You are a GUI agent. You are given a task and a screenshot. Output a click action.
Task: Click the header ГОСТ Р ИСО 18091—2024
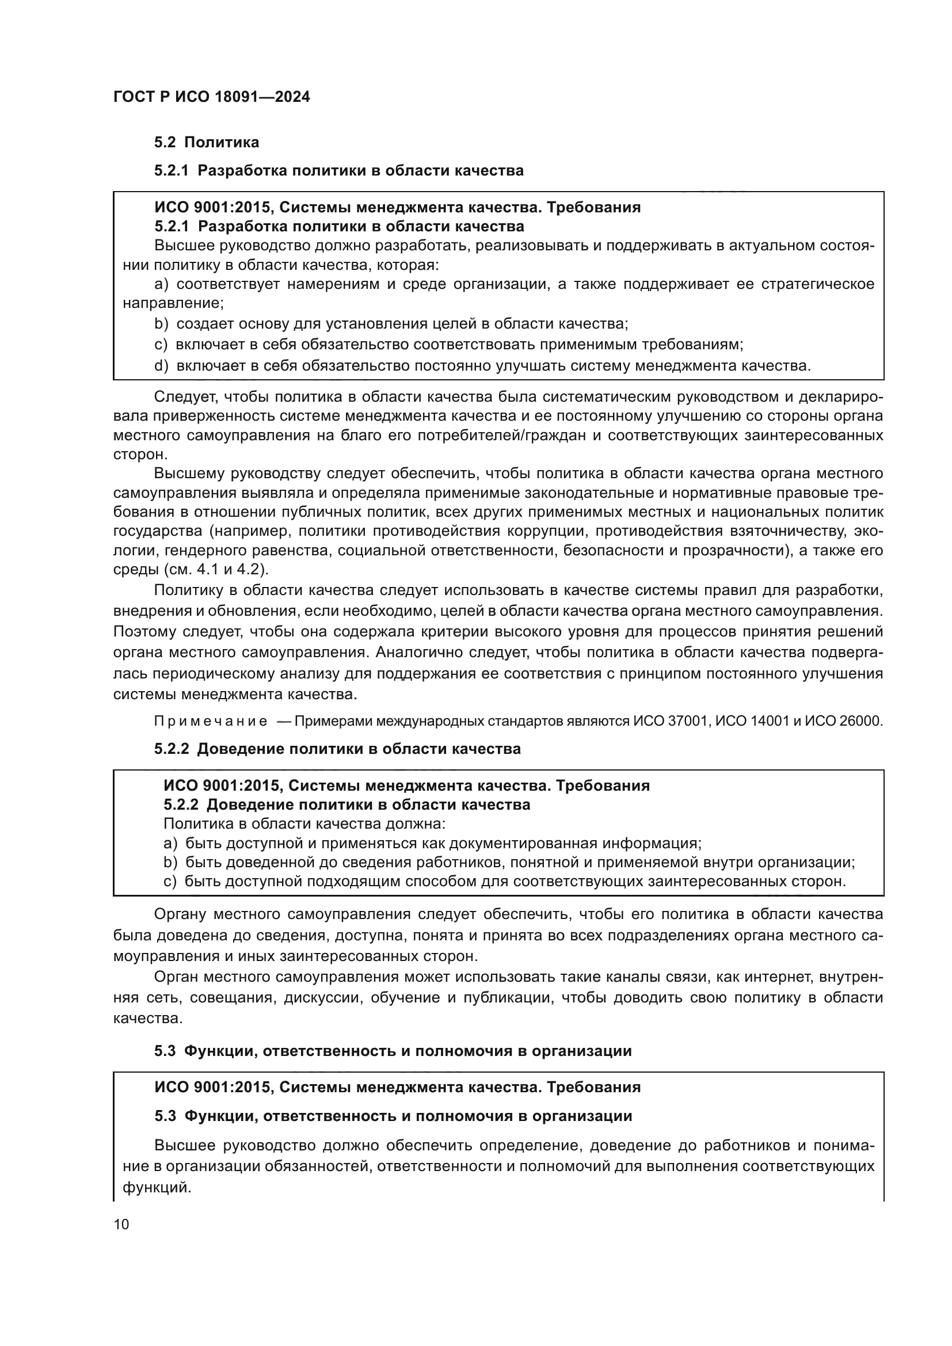pyautogui.click(x=212, y=97)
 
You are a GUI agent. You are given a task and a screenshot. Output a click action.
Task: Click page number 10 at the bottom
pyautogui.click(x=121, y=1224)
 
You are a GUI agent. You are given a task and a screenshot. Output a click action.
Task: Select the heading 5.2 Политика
pyautogui.click(x=207, y=142)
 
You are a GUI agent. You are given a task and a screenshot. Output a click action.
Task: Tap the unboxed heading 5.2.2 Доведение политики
pyautogui.click(x=337, y=749)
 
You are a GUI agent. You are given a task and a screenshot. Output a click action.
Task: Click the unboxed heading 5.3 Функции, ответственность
pyautogui.click(x=393, y=1067)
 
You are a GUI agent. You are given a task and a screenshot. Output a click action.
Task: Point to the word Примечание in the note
pyautogui.click(x=211, y=721)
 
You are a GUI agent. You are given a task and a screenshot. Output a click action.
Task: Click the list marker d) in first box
pyautogui.click(x=161, y=366)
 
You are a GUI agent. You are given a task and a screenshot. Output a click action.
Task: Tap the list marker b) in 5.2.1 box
pyautogui.click(x=161, y=323)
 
